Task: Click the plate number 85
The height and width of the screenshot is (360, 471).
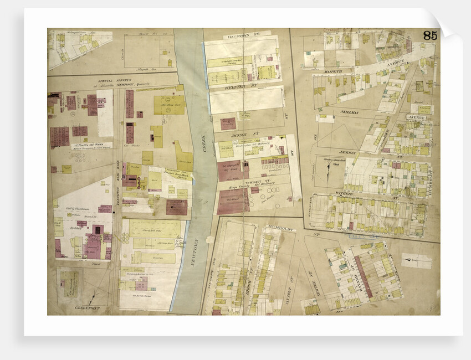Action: pyautogui.click(x=430, y=35)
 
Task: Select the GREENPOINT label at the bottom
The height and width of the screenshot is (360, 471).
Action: pyautogui.click(x=88, y=307)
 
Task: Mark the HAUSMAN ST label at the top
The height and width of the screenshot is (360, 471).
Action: pyautogui.click(x=241, y=35)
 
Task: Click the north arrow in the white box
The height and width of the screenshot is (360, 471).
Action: pyautogui.click(x=417, y=261)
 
